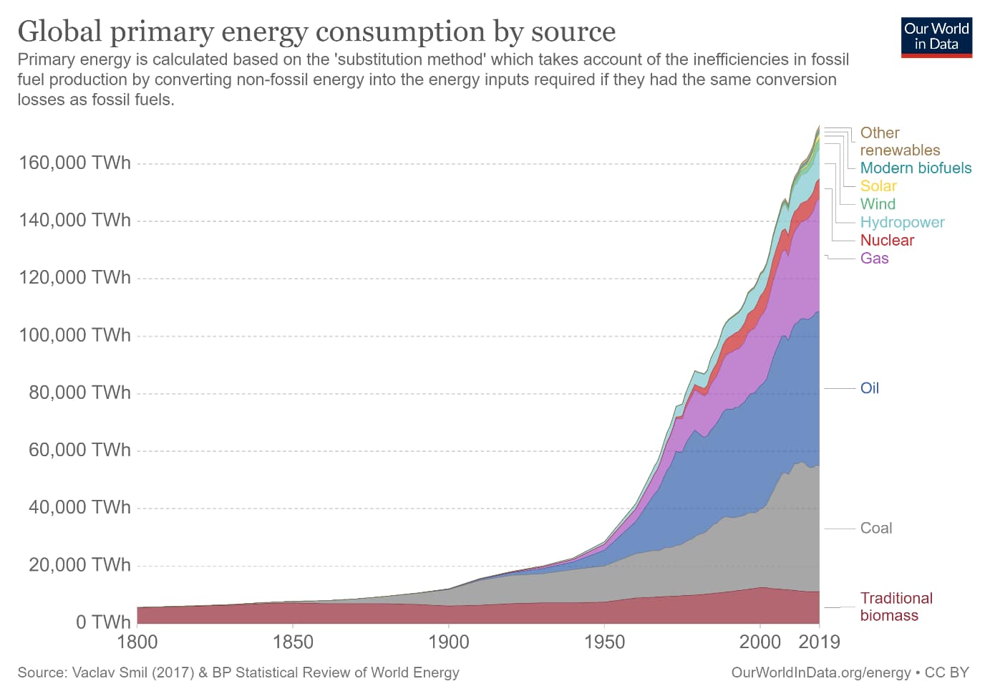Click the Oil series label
869,388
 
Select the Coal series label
875,529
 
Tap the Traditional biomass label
896,607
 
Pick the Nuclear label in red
887,241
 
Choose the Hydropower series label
902,223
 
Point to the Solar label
878,186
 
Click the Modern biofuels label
916,168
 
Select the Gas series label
874,259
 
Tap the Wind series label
878,204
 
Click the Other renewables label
899,142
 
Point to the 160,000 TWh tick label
74,163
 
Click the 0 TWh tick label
103,622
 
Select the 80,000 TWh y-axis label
79,392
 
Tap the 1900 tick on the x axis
448,642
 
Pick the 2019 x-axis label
819,642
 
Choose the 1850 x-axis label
293,642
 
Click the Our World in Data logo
936,37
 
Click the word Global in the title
60,32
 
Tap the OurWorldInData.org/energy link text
820,673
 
